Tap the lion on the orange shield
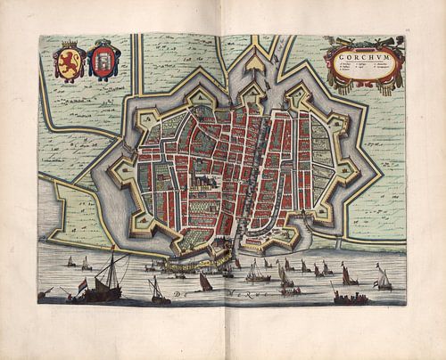(70, 63)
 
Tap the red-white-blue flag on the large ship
(83, 283)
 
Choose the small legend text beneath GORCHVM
(362, 70)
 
